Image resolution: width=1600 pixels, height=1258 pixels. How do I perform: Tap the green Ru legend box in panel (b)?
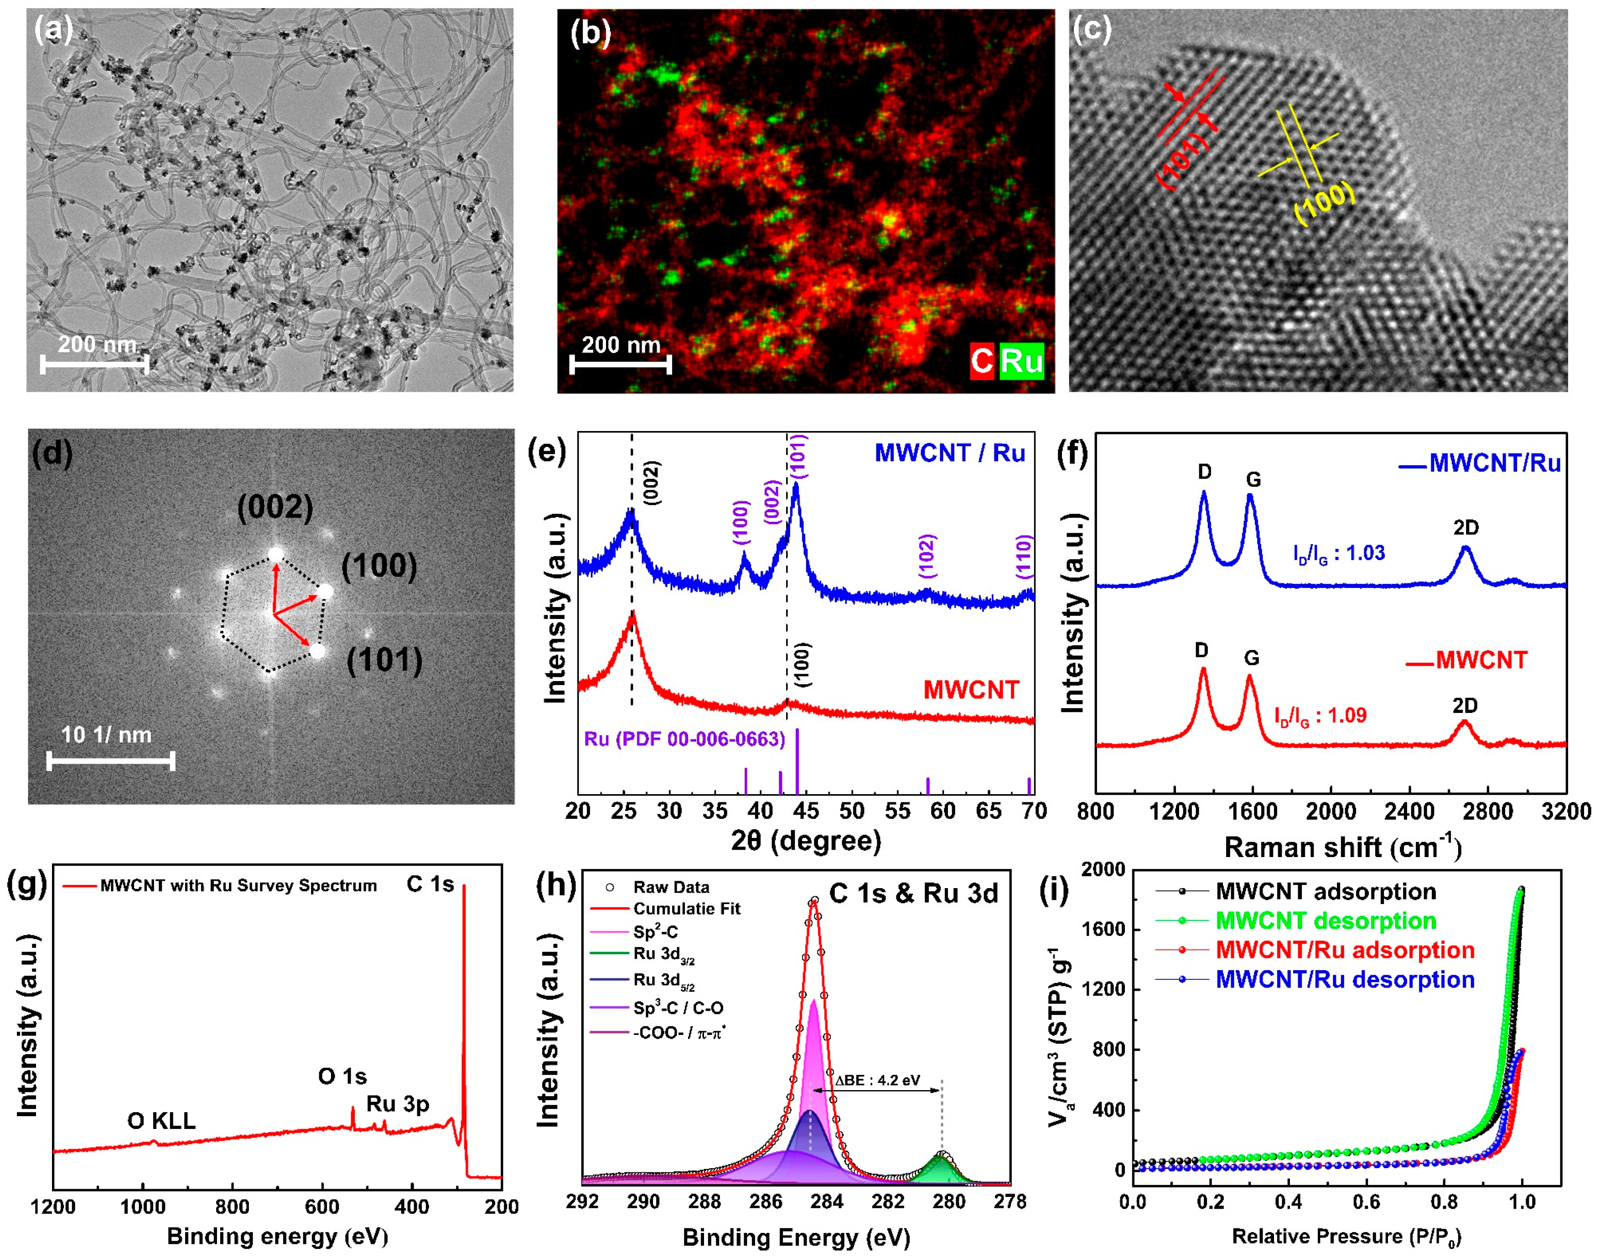pos(1021,361)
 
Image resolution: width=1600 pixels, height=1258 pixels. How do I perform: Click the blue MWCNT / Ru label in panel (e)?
pos(949,453)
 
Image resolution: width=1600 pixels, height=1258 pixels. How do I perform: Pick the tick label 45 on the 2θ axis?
pos(806,811)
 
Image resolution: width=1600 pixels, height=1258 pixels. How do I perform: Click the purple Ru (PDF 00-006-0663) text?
pos(684,739)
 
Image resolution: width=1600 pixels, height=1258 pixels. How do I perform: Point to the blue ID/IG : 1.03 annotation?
pos(1339,553)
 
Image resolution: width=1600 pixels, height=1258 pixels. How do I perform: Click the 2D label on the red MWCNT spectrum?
pos(1465,706)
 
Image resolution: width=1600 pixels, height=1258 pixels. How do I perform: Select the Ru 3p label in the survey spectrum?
pos(398,1104)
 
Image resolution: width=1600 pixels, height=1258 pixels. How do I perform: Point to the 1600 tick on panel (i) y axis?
pos(1104,930)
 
